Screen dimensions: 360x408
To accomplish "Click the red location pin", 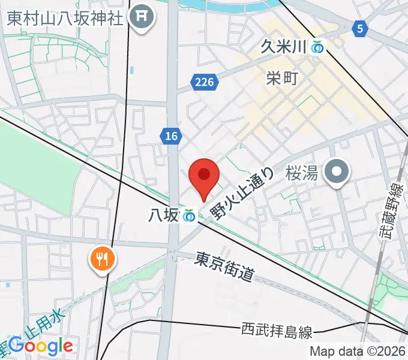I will click(203, 176).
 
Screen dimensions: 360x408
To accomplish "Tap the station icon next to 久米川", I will click(317, 46).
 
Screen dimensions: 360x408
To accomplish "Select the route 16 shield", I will click(171, 137).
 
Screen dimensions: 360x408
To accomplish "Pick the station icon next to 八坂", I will click(190, 215).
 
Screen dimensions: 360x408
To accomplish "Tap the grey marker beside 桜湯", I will click(337, 173).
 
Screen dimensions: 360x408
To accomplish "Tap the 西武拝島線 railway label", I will click(276, 329).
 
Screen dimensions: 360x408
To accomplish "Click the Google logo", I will click(41, 345).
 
